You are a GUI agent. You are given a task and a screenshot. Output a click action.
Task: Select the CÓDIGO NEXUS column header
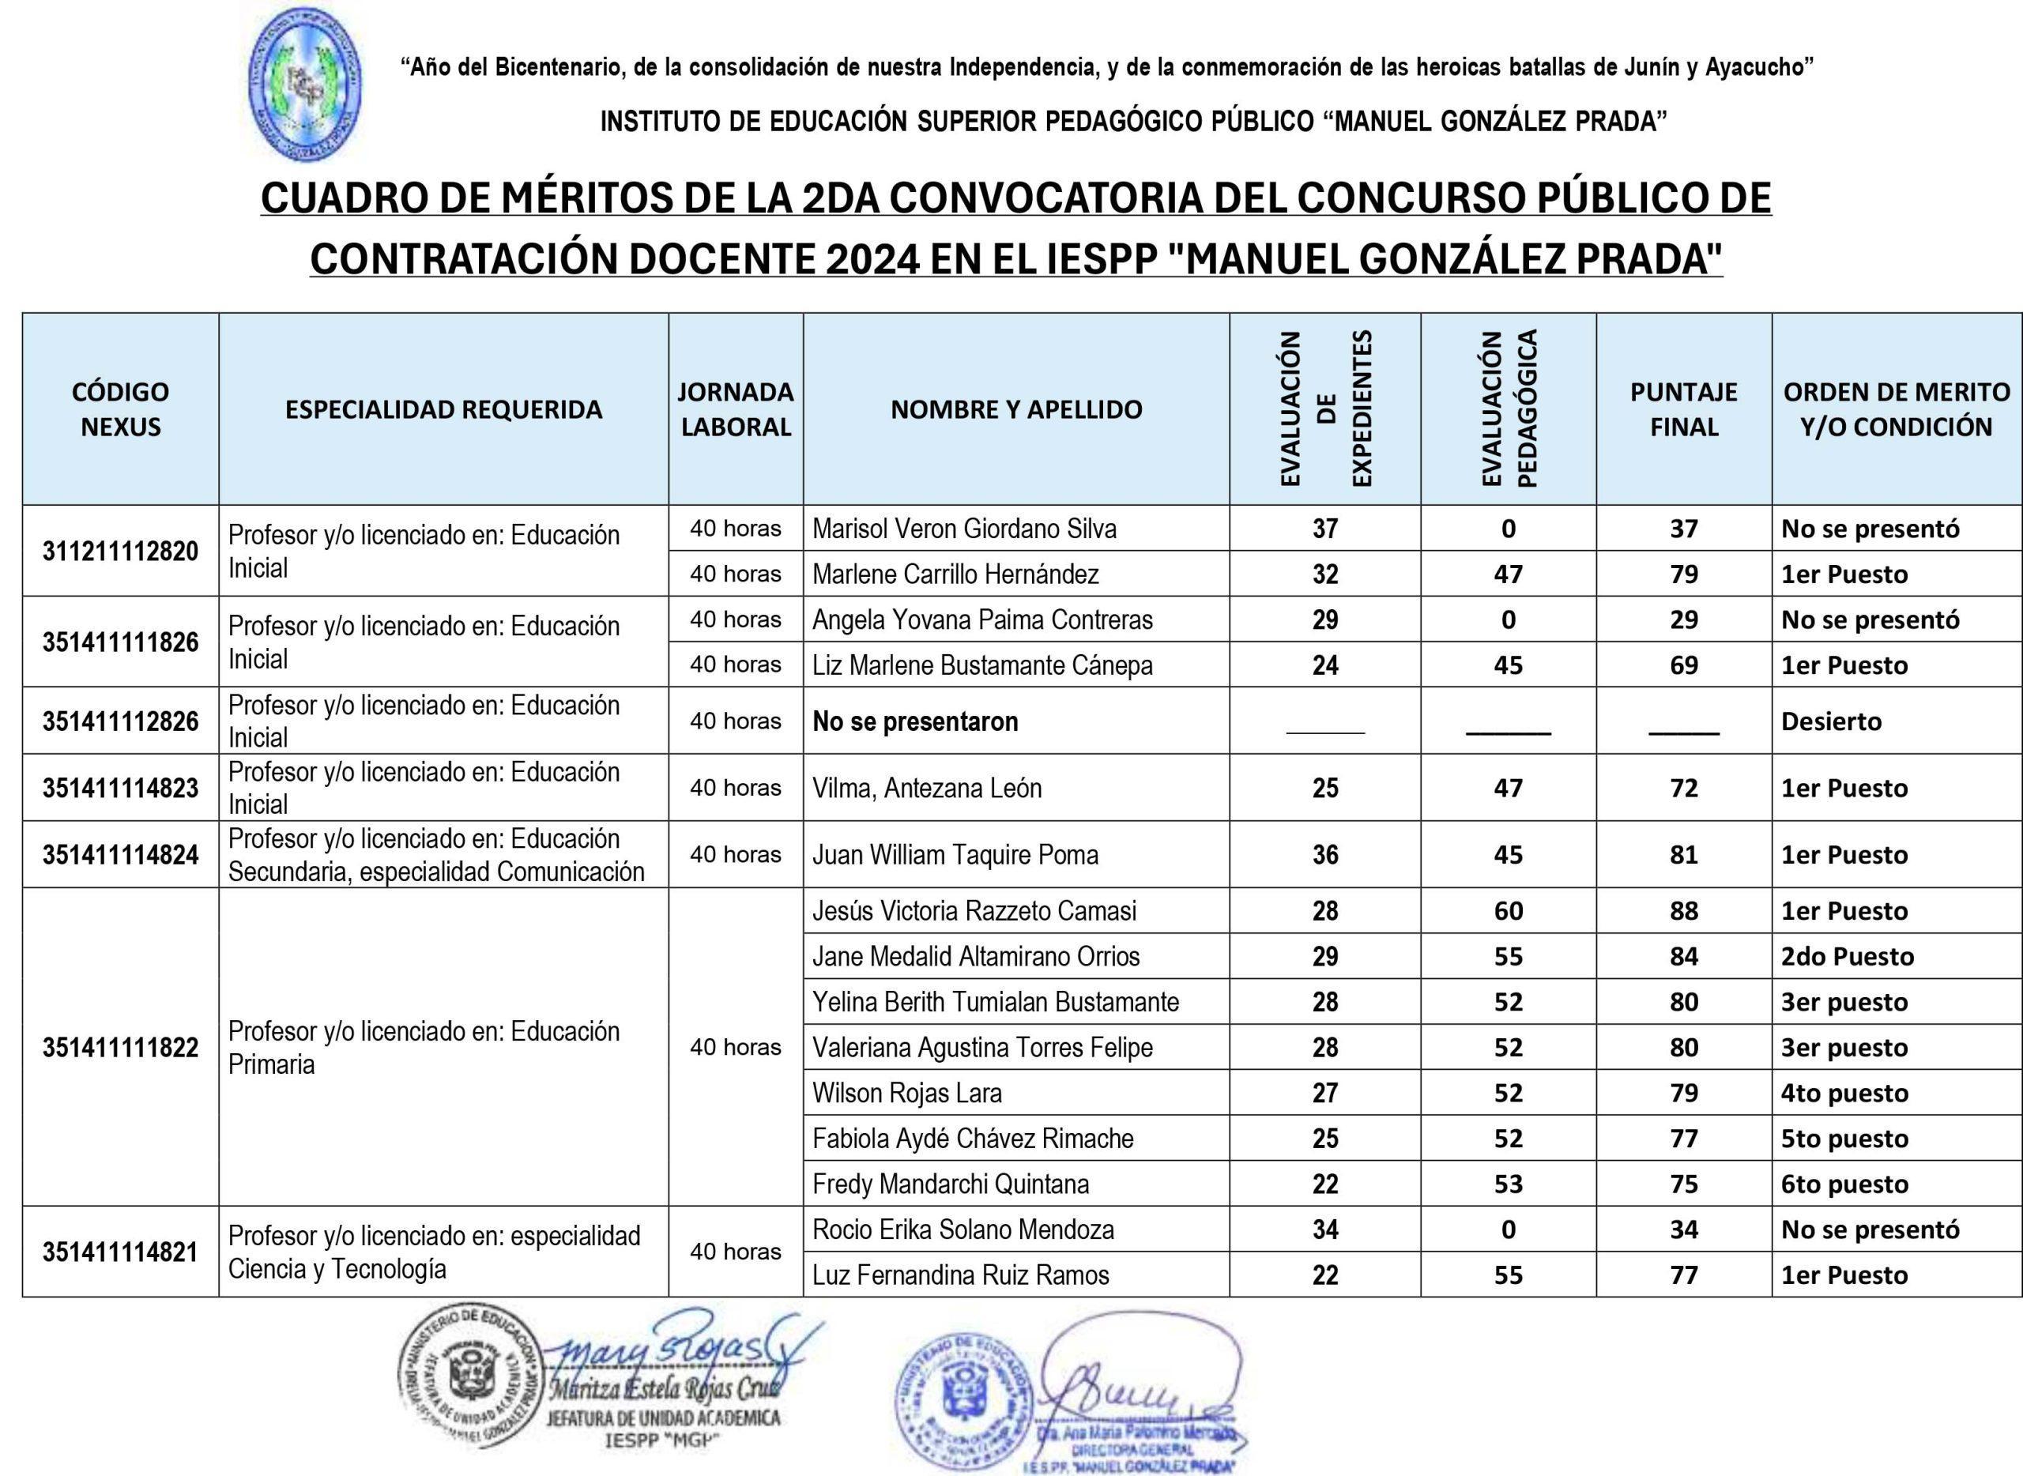coord(120,409)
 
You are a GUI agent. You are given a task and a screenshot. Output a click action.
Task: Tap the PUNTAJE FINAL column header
coord(1683,409)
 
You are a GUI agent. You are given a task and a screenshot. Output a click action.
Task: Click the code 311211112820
coord(120,552)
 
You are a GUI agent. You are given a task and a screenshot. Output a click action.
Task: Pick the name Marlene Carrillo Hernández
coord(955,574)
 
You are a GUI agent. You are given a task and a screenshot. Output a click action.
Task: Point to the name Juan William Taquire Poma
coord(955,855)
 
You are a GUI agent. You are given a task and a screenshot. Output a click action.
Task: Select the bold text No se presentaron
coord(915,721)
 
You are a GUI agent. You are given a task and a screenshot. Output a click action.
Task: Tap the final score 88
coord(1683,911)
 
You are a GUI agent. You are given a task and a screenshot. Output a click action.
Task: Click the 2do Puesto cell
coord(1847,957)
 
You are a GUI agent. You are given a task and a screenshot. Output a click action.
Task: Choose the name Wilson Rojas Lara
coord(907,1093)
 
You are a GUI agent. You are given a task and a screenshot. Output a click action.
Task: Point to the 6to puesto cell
coord(1844,1184)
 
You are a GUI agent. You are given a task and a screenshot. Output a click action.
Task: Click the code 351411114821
coord(120,1252)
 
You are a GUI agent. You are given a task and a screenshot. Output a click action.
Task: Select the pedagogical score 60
coord(1509,911)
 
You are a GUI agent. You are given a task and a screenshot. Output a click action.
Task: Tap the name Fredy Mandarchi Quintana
coord(951,1184)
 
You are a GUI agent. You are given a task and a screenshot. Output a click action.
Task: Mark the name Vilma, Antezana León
coord(927,788)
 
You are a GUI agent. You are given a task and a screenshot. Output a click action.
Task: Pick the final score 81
coord(1683,855)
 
